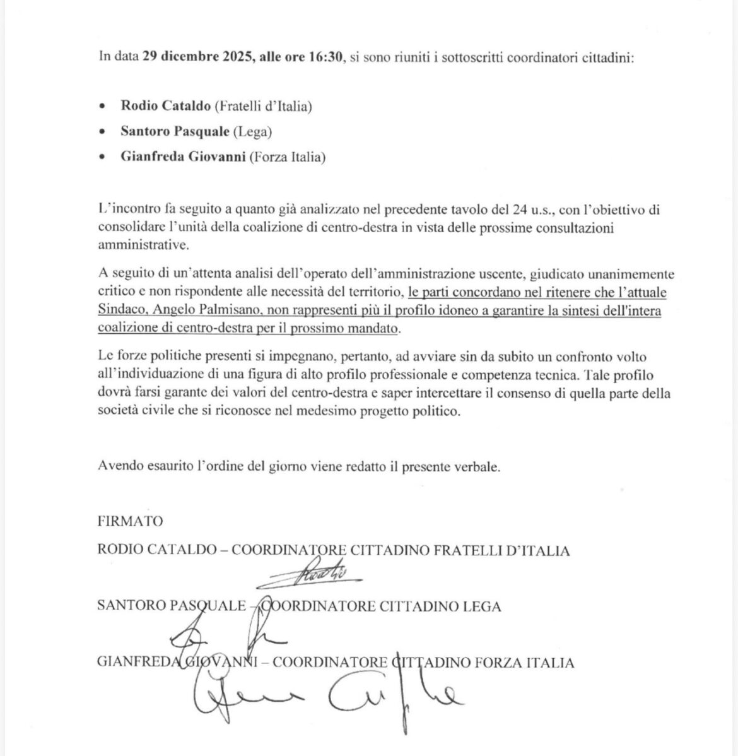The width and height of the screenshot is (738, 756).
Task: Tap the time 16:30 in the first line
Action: (325, 57)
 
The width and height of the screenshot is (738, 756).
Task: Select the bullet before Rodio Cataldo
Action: (103, 106)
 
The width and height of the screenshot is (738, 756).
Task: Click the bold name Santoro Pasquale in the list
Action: (175, 131)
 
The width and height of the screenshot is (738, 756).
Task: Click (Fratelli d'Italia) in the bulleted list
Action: (263, 106)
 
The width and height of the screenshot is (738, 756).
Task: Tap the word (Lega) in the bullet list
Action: (252, 131)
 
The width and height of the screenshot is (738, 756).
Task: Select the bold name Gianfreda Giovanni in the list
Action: (183, 157)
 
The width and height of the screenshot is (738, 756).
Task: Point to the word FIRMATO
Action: (131, 521)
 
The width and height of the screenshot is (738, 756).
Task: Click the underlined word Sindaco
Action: (121, 310)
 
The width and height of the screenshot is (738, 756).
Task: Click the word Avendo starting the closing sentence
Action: (119, 467)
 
